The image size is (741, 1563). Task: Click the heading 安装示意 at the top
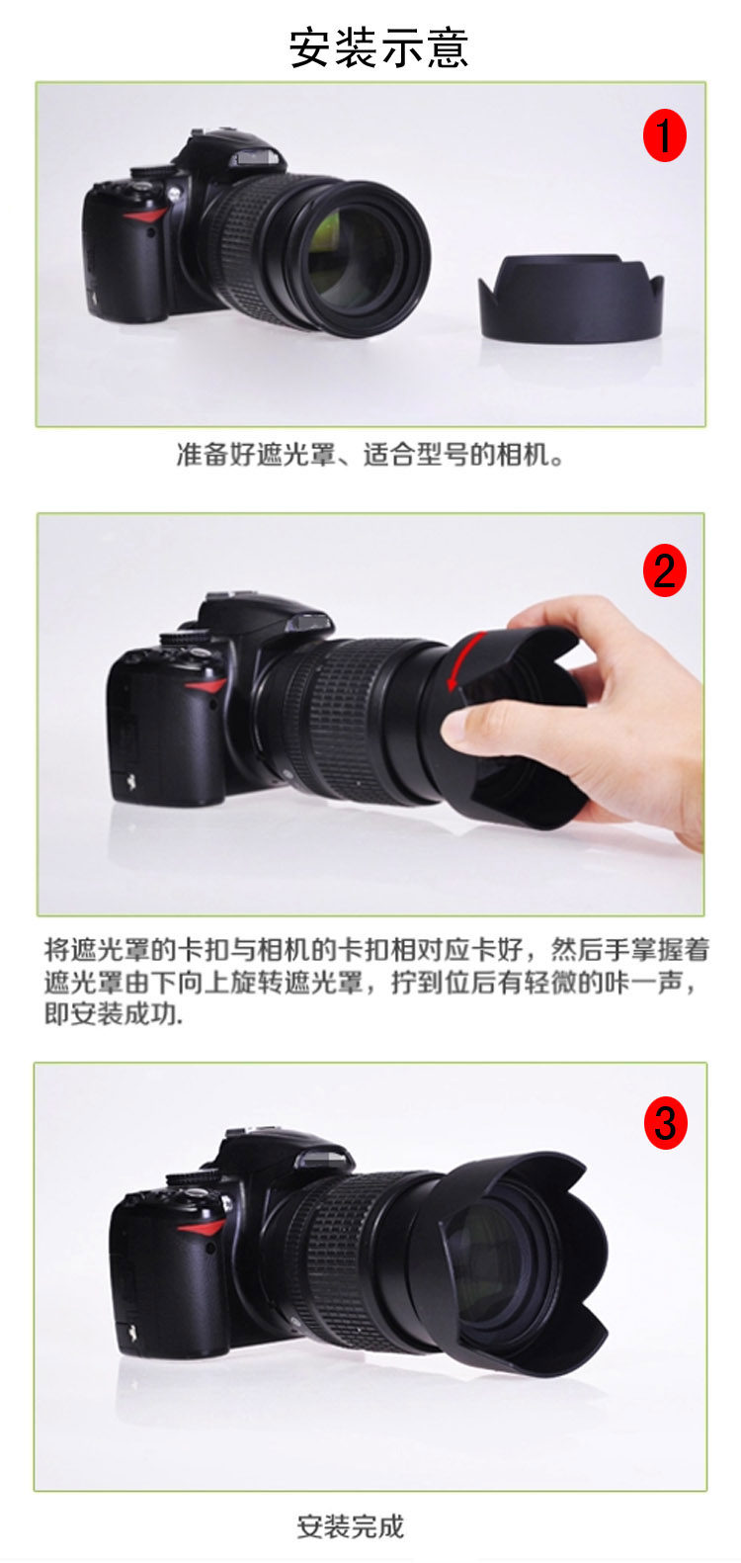(x=377, y=48)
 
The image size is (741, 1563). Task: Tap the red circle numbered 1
(x=664, y=136)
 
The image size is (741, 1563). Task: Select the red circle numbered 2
(x=664, y=570)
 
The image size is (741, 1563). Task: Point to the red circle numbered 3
(x=665, y=1123)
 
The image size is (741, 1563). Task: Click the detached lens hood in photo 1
(x=571, y=298)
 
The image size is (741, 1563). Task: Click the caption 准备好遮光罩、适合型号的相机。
(x=370, y=455)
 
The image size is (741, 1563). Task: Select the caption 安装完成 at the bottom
(x=350, y=1526)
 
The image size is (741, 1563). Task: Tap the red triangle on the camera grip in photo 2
(x=206, y=687)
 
